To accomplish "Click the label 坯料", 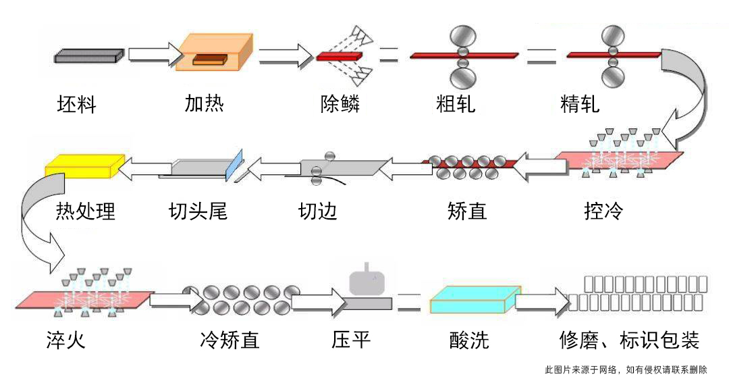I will point(76,105).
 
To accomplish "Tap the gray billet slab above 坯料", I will point(88,56).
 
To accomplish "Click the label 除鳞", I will point(340,104).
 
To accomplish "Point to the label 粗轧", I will point(456,104).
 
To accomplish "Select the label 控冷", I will point(603,211).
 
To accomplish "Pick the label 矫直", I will point(466,211).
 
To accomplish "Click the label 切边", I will point(317,211).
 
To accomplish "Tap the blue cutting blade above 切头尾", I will point(234,164).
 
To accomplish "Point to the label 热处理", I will point(85,211).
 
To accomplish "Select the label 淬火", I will point(65,339).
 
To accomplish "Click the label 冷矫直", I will point(230,339).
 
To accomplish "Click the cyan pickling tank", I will point(473,299).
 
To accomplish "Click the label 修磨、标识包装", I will point(629,339).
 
